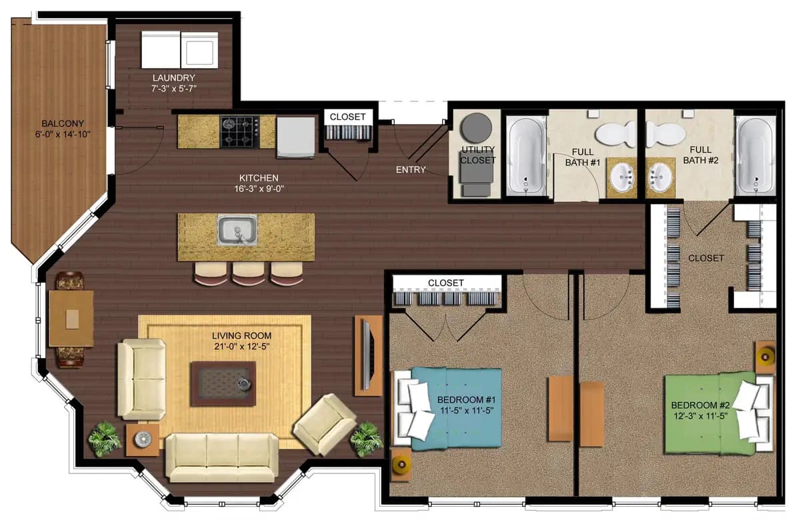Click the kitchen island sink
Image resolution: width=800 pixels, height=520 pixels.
(x=237, y=231)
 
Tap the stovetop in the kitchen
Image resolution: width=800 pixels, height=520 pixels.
(x=239, y=131)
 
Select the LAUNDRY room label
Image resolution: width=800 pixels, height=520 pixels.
(x=173, y=77)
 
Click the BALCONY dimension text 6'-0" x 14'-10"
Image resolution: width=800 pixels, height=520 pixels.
(x=63, y=134)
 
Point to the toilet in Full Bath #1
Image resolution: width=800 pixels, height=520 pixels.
(x=617, y=135)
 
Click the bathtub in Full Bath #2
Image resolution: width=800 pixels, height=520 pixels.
(x=755, y=156)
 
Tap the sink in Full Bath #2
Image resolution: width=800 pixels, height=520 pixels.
(x=661, y=178)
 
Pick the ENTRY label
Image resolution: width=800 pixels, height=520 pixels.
(x=411, y=170)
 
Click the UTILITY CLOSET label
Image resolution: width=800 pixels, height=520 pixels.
(x=478, y=155)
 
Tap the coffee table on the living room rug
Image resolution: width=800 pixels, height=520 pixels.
(x=223, y=383)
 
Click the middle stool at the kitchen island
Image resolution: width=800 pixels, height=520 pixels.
(x=249, y=273)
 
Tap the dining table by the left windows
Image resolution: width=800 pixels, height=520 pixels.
(x=71, y=319)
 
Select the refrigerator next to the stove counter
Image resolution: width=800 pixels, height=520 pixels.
(x=295, y=137)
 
